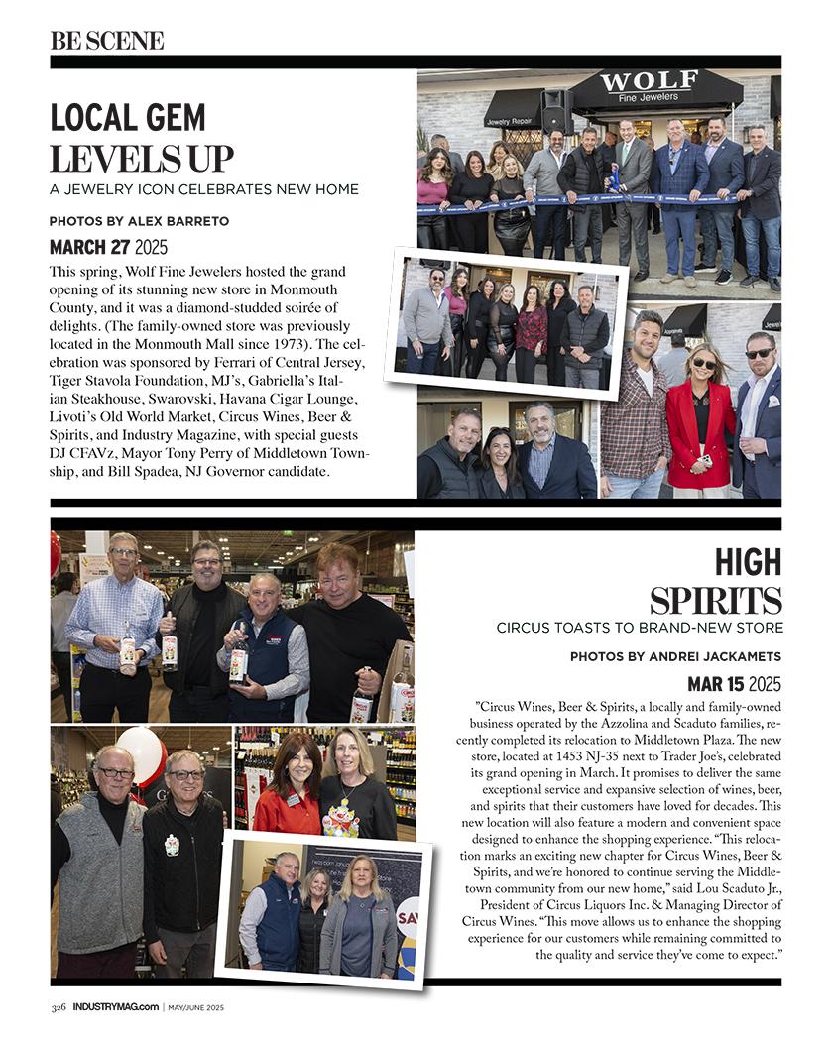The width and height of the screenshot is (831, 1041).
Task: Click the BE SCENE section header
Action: (107, 41)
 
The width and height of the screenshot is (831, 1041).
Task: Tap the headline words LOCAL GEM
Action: (128, 118)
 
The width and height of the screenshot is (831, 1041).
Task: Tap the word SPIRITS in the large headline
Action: (715, 600)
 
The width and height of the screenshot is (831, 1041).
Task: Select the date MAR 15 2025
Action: (734, 684)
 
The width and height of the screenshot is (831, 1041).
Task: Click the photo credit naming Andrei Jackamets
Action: (675, 656)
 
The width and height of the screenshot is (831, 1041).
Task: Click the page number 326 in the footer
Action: (59, 1007)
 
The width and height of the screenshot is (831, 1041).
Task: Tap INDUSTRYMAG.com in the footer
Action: (115, 1007)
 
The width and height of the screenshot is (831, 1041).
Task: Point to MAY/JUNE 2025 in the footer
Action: (195, 1007)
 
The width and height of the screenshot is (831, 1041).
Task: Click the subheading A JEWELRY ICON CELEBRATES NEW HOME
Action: (204, 189)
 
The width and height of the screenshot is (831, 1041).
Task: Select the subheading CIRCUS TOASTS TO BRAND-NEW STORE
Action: (640, 628)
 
